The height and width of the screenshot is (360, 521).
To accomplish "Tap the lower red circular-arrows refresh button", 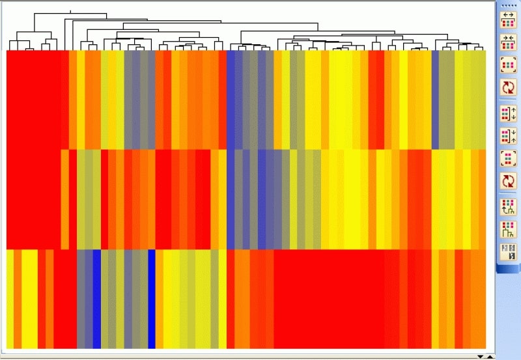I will click(507, 181).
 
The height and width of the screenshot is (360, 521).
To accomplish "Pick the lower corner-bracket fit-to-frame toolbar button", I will click(507, 158).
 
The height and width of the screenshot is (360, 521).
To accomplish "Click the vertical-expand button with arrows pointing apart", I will click(507, 113).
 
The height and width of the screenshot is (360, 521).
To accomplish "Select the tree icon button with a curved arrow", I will click(507, 207).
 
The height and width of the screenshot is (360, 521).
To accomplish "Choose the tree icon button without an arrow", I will click(507, 229).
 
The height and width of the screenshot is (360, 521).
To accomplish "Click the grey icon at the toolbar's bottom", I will click(507, 252).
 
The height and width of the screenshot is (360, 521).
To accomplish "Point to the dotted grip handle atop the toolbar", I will click(507, 5).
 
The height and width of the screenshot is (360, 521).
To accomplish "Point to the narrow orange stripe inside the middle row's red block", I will click(64, 199).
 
